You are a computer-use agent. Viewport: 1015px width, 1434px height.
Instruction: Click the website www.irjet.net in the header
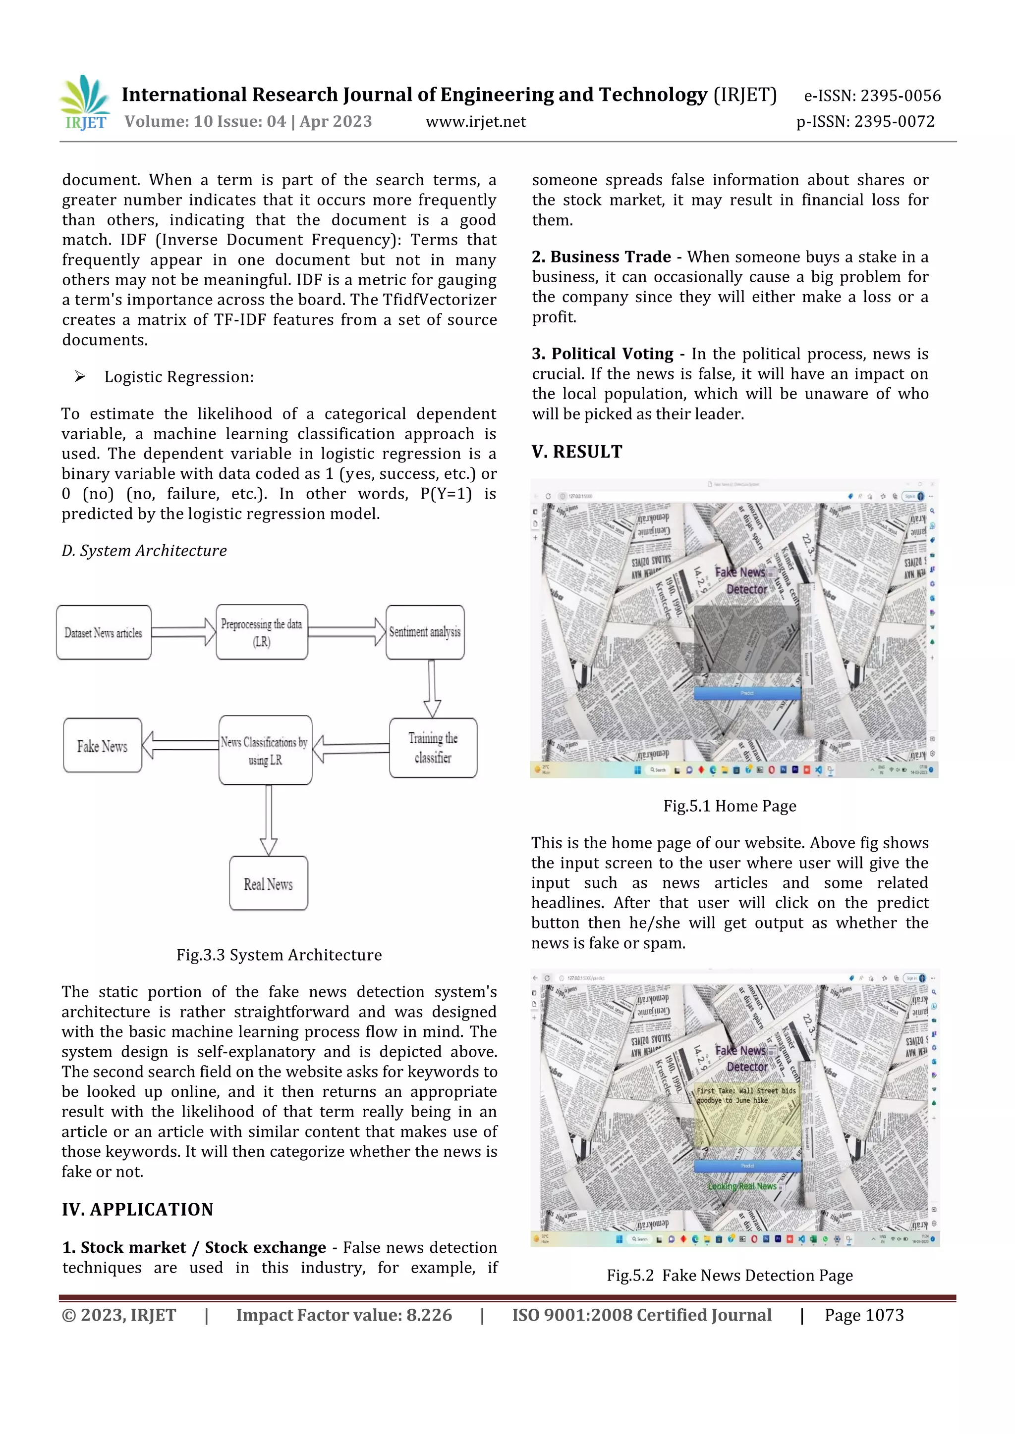tap(476, 122)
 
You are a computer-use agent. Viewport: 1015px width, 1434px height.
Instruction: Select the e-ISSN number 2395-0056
tap(900, 96)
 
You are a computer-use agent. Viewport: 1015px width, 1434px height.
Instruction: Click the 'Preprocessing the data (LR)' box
tap(262, 632)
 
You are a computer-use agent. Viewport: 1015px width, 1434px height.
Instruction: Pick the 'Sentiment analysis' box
tap(425, 632)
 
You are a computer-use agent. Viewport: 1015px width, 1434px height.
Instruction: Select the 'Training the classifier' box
tap(433, 748)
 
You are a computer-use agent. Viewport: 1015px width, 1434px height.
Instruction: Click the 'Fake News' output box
tap(103, 746)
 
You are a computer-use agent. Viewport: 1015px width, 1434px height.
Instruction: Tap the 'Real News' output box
tap(268, 883)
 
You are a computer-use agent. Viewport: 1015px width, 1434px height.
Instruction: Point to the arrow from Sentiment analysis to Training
tap(432, 688)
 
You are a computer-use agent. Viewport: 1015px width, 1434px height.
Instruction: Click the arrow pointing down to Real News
tap(268, 819)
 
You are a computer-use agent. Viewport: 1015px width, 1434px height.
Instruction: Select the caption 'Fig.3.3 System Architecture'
tap(279, 955)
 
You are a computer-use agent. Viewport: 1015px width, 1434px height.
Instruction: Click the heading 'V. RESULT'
tap(577, 452)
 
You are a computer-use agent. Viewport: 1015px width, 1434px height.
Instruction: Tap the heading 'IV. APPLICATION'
tap(137, 1209)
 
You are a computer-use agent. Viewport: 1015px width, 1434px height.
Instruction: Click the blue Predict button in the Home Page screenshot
tap(747, 693)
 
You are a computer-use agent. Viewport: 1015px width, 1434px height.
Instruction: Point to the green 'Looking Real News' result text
tap(742, 1185)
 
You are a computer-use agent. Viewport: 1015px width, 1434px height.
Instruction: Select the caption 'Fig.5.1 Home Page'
tap(730, 806)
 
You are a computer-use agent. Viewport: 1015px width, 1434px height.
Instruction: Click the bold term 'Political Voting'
tap(612, 354)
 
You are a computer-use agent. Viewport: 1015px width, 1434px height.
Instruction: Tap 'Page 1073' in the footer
tap(864, 1315)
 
